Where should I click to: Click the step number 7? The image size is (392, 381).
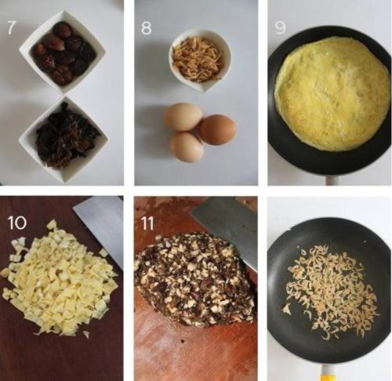(x=10, y=28)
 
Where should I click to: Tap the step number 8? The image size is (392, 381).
(x=146, y=28)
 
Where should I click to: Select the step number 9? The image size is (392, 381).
(x=280, y=28)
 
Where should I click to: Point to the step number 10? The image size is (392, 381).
(x=17, y=223)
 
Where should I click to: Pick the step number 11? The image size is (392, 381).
(x=147, y=223)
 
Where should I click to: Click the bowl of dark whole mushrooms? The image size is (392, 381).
(x=63, y=52)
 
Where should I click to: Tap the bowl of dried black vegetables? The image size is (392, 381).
(x=64, y=140)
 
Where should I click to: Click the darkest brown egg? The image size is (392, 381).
(x=219, y=129)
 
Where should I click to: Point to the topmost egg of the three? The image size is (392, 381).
(x=183, y=117)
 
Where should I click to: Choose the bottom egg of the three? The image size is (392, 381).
(x=187, y=147)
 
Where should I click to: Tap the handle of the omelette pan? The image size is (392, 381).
(x=332, y=180)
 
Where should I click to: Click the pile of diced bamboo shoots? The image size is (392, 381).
(x=59, y=279)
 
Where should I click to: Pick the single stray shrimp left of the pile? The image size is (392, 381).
(x=287, y=309)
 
